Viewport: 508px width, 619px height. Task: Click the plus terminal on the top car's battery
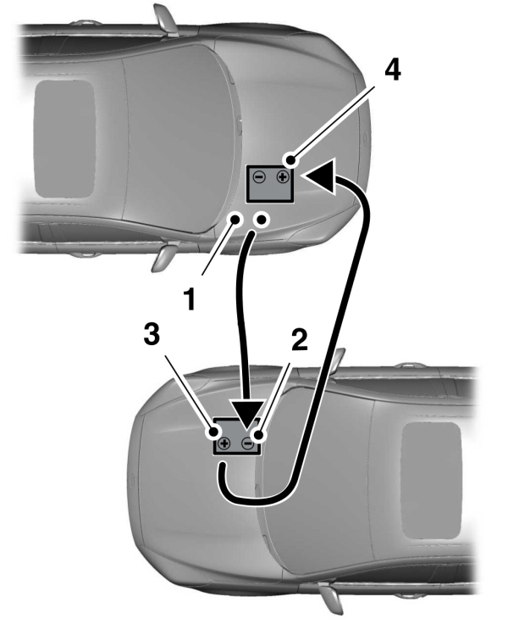pyautogui.click(x=281, y=179)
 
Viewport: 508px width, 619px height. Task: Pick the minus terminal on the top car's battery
pyautogui.click(x=259, y=179)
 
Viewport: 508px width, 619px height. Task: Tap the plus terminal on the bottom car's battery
pyautogui.click(x=224, y=443)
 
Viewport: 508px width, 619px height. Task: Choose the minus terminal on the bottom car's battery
pyautogui.click(x=247, y=443)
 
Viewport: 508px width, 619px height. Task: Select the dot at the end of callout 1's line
pyautogui.click(x=237, y=220)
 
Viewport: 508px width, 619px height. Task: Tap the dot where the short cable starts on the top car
pyautogui.click(x=262, y=220)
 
